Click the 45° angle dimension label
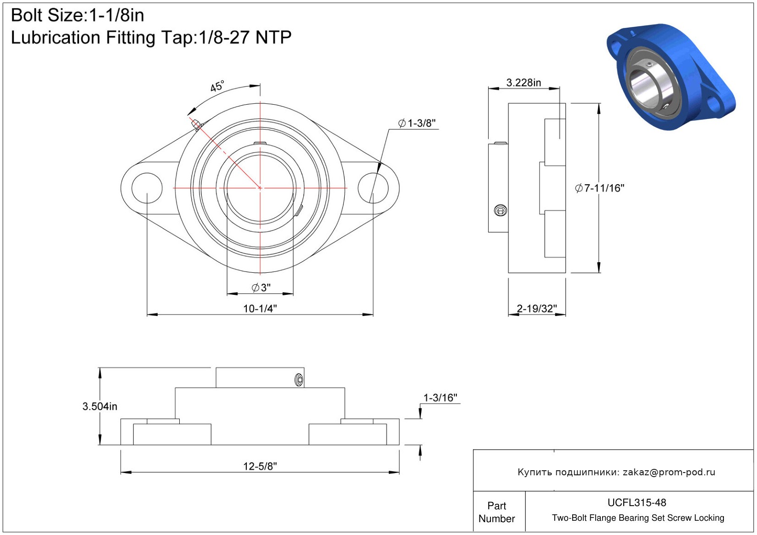[x=217, y=86]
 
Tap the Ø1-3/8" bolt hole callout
[x=416, y=123]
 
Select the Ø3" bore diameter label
[x=261, y=288]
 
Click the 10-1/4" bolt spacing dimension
[x=260, y=309]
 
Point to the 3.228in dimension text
[x=524, y=83]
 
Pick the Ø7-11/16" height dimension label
[x=599, y=188]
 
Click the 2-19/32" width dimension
[x=536, y=309]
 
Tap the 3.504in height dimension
[x=100, y=406]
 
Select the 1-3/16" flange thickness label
[x=440, y=398]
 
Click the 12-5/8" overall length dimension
[x=260, y=467]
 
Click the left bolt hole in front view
[x=147, y=188]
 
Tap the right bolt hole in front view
[x=373, y=188]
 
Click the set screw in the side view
[x=500, y=210]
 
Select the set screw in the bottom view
[x=299, y=379]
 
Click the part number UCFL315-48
[x=637, y=502]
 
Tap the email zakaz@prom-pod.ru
[x=669, y=472]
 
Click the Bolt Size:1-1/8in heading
[x=77, y=16]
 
